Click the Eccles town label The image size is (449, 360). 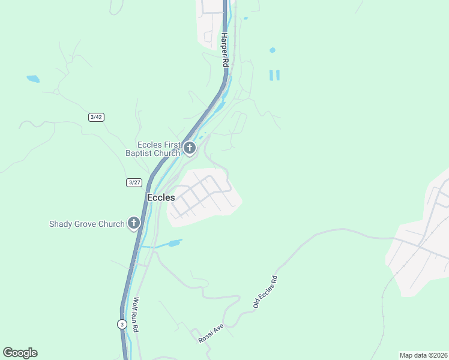tap(161, 197)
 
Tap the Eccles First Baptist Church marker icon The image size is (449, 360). tap(190, 148)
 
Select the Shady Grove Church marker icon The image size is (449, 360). tap(133, 224)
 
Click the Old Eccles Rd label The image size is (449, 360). tap(265, 293)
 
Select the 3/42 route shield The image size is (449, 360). tap(96, 117)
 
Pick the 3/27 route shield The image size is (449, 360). tap(134, 182)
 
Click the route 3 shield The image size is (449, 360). tap(122, 324)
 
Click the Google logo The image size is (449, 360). tap(20, 353)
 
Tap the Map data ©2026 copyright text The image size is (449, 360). tap(423, 355)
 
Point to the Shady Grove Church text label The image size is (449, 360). tap(86, 224)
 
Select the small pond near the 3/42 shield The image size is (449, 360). tap(32, 79)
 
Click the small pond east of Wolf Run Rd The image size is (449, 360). tap(174, 243)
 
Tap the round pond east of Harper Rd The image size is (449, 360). tap(273, 50)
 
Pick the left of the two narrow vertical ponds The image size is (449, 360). tap(271, 75)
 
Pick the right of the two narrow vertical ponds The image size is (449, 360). tap(278, 75)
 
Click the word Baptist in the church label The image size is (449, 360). tap(139, 153)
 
